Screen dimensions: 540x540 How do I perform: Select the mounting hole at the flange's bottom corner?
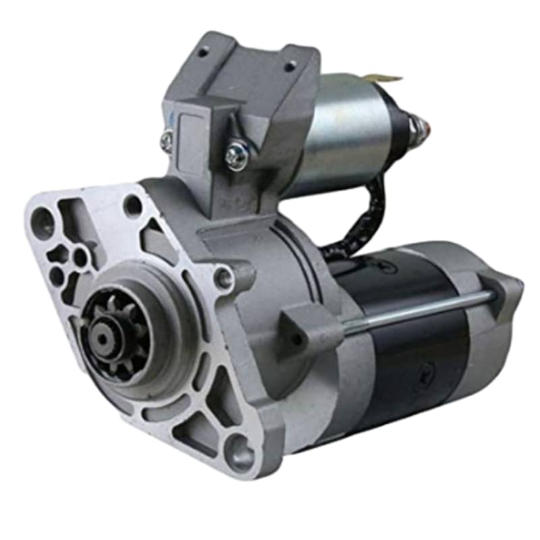(x=240, y=452)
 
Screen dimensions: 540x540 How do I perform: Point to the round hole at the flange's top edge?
(x=133, y=205)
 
